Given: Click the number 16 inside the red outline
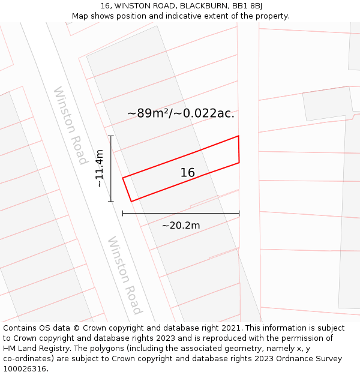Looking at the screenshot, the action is point(188,173).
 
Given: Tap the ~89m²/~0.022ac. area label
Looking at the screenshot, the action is point(181,113).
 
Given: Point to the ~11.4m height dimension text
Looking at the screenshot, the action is point(100,169).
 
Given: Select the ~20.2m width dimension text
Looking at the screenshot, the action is point(181,226).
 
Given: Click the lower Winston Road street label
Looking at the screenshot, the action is point(125,275).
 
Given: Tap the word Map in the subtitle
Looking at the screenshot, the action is point(80,16).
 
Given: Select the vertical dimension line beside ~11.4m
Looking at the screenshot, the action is point(111,169).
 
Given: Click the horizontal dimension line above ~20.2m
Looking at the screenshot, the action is point(181,213).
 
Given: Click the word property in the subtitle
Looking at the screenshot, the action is point(271,16).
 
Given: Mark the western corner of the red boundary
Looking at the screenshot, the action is point(123,178).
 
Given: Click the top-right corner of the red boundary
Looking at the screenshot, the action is point(239,136).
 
